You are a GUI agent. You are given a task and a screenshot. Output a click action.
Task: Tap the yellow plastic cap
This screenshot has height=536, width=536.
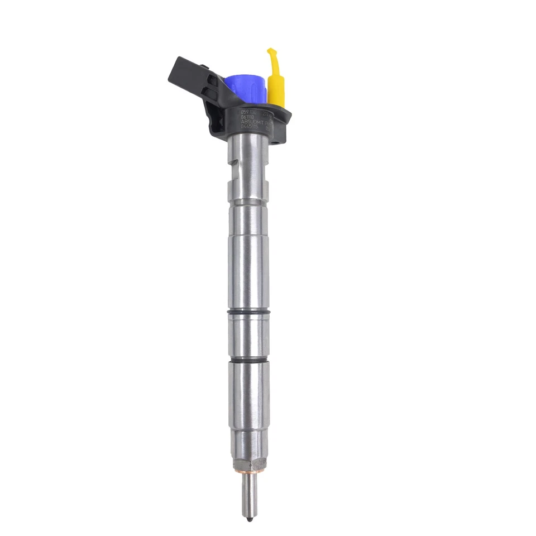click(276, 84)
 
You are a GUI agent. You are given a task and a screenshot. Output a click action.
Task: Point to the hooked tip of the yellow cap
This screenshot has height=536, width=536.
click(270, 53)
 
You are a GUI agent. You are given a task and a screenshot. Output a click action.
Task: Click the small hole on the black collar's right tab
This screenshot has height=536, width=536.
click(283, 129)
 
